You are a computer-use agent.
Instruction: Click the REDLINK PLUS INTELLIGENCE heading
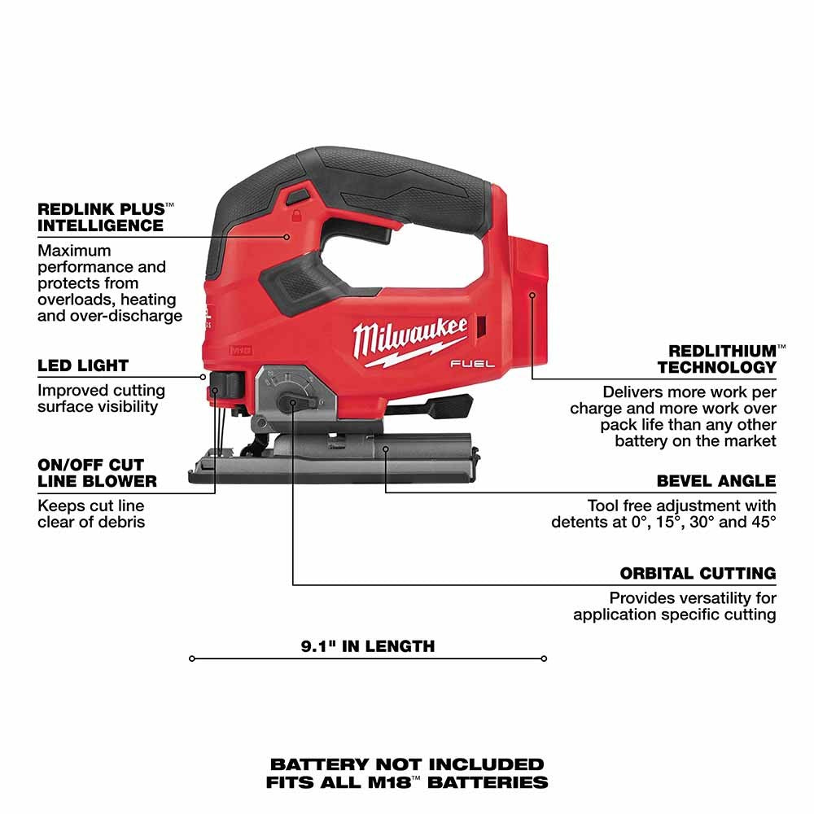100,217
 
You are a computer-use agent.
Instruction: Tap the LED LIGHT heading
83,366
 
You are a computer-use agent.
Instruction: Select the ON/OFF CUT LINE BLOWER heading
97,473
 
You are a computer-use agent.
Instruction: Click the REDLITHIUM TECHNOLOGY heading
717,359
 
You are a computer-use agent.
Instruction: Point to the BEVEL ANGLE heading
716,481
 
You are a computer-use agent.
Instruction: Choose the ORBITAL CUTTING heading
698,574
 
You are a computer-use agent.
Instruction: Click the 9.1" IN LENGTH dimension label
368,646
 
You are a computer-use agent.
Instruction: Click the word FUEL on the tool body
473,365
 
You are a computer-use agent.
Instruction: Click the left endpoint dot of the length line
192,659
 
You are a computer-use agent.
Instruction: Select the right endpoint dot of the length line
544,659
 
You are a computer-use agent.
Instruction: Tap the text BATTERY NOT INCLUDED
407,764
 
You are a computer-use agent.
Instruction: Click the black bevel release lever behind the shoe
440,404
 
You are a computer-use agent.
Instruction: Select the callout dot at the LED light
203,376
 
